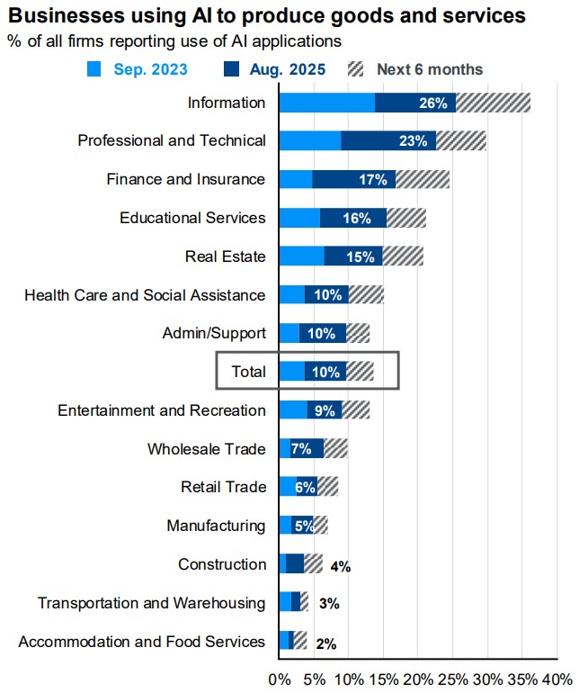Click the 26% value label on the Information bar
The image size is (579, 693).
432,103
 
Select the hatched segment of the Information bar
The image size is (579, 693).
493,103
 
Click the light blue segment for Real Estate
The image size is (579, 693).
301,256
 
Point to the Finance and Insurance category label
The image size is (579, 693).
186,179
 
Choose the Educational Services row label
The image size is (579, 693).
192,218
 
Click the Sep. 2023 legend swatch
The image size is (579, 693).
96,69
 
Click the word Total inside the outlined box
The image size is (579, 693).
249,372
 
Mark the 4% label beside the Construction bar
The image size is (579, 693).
340,566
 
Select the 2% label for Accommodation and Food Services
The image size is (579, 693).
325,643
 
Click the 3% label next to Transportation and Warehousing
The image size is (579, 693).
328,604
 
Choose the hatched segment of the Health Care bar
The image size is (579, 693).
366,294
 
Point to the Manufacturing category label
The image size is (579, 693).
216,526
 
